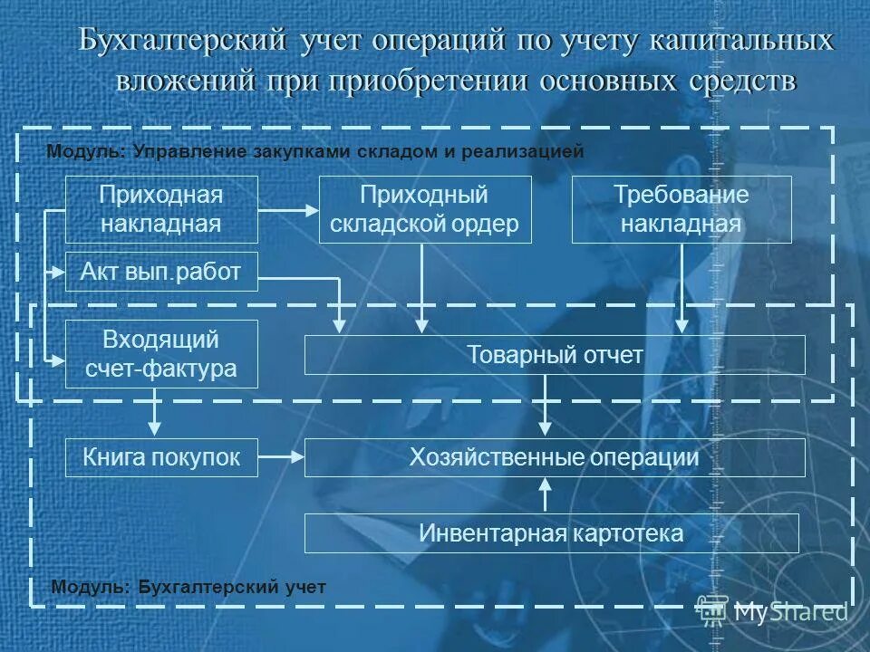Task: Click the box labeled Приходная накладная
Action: [161, 209]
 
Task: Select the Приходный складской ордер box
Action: [424, 209]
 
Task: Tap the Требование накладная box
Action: [681, 209]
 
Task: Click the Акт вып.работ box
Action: [161, 272]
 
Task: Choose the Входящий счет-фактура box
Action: [161, 354]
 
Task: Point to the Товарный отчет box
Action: [554, 355]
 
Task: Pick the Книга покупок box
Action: [161, 457]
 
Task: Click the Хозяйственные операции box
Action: [554, 457]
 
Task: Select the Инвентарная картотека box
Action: [551, 533]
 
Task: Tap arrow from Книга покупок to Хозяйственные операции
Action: [281, 457]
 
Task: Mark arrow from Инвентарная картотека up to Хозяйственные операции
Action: [545, 495]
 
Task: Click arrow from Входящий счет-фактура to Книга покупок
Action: [156, 413]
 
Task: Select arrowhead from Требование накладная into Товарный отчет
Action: [681, 325]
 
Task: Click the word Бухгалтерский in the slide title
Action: [180, 42]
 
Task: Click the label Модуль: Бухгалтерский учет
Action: [188, 587]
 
